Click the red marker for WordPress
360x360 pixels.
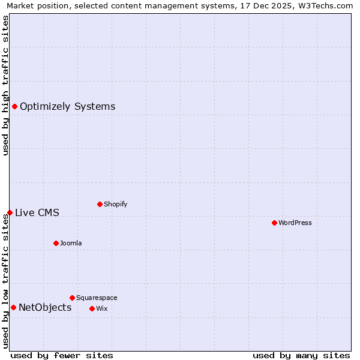click(x=274, y=223)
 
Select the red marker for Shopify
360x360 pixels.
click(x=100, y=204)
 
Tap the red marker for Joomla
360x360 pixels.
click(x=56, y=243)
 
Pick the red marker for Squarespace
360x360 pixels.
click(x=72, y=298)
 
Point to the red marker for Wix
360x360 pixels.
click(x=92, y=308)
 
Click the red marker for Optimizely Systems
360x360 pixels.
click(x=14, y=106)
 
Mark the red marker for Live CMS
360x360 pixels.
click(x=10, y=212)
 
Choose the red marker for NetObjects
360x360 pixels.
click(x=13, y=307)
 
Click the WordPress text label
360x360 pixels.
click(x=295, y=223)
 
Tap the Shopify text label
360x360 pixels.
click(x=116, y=204)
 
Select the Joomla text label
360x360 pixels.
click(x=71, y=243)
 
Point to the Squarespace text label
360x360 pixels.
click(x=97, y=298)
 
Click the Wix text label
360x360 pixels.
click(x=101, y=308)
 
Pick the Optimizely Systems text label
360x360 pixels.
click(x=67, y=107)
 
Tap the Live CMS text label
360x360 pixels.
click(x=37, y=212)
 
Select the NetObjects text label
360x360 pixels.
click(x=45, y=308)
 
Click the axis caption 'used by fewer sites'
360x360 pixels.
click(x=62, y=355)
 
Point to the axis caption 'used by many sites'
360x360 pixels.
click(x=301, y=355)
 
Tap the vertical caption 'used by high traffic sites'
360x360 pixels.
click(x=5, y=85)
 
